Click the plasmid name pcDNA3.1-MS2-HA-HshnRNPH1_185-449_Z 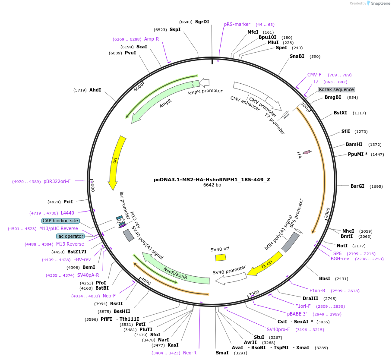[212, 180]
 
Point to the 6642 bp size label [212, 185]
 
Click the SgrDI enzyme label [202, 22]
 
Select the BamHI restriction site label [354, 144]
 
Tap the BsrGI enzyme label [357, 186]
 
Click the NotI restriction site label [342, 246]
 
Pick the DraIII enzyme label [310, 299]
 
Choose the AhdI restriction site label [95, 90]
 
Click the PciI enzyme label [68, 202]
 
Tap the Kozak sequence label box [336, 89]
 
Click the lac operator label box [70, 236]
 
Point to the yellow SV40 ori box [221, 258]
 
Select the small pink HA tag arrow [307, 152]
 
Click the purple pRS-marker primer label [237, 24]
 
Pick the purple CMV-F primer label [314, 75]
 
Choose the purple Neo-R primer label [190, 353]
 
